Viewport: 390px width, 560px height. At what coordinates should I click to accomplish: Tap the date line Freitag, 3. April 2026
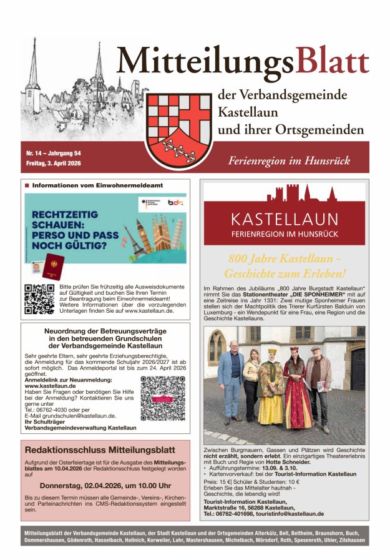[54, 164]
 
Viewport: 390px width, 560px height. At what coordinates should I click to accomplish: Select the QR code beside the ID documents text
[39, 299]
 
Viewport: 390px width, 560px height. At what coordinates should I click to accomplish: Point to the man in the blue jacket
[232, 378]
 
